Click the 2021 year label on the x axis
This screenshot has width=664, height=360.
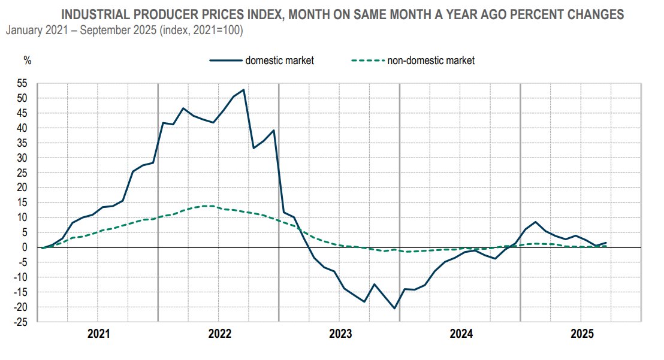coord(98,333)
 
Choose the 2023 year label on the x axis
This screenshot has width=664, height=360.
coord(340,333)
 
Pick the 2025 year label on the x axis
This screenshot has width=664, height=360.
coord(581,333)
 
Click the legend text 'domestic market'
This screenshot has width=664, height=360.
coord(279,60)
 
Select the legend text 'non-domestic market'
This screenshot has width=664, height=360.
coord(431,60)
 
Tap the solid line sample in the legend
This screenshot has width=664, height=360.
coord(225,60)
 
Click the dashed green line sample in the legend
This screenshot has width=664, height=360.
coord(367,60)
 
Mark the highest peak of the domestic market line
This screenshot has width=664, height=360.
coord(243,90)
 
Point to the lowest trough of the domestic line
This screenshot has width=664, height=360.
coord(394,308)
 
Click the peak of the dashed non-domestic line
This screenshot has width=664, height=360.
coord(207,206)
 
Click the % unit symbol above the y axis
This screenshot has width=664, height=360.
coord(28,60)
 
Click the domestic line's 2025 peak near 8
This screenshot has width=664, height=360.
coord(535,222)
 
